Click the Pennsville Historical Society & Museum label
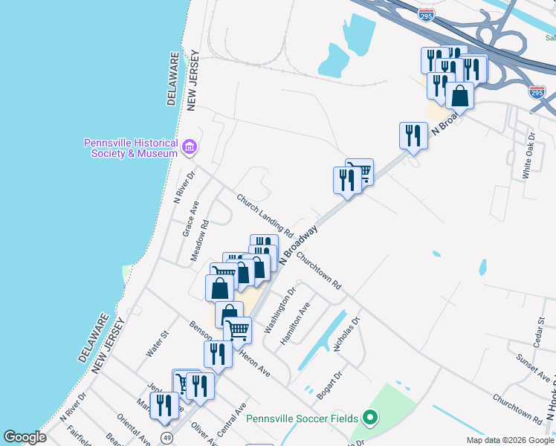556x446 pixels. click(130, 148)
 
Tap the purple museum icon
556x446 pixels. click(189, 147)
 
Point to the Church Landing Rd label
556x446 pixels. click(265, 216)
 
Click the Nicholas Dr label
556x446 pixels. click(347, 334)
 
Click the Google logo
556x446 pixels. click(25, 437)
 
